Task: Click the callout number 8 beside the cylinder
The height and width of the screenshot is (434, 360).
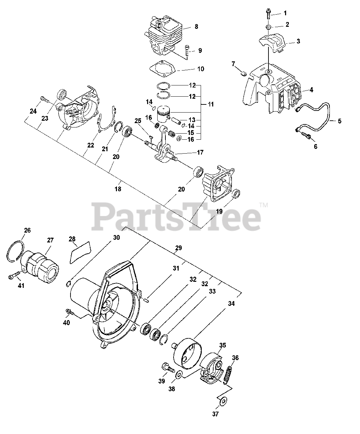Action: [196, 26]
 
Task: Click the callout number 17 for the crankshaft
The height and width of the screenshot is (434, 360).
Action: [200, 153]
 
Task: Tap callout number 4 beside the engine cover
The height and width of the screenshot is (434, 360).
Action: [311, 90]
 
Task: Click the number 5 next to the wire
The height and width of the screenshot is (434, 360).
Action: [339, 120]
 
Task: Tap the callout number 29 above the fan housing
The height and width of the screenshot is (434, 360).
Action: [178, 248]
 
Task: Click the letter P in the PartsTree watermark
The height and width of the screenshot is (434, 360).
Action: [105, 215]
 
